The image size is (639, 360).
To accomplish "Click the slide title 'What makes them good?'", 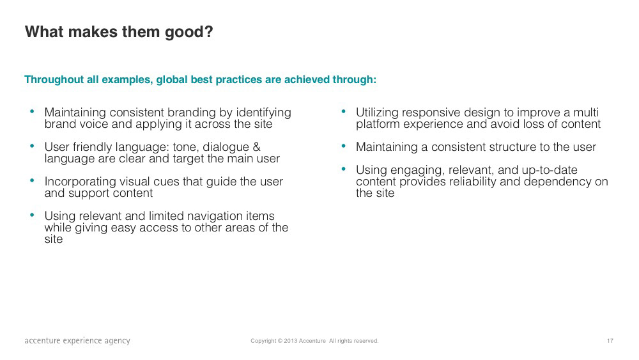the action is click(x=119, y=32).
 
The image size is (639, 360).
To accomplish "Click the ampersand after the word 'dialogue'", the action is click(x=257, y=147).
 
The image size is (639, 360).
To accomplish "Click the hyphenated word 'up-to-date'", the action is click(x=550, y=170).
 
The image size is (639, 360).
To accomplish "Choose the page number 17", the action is click(x=610, y=341).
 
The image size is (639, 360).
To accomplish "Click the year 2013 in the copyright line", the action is click(x=291, y=341).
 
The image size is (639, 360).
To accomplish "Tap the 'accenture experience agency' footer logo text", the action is click(x=77, y=341).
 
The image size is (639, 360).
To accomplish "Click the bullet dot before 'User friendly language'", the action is click(x=32, y=146).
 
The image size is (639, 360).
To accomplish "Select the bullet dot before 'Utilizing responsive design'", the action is click(x=344, y=111).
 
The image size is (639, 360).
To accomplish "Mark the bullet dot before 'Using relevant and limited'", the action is click(x=32, y=214).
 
